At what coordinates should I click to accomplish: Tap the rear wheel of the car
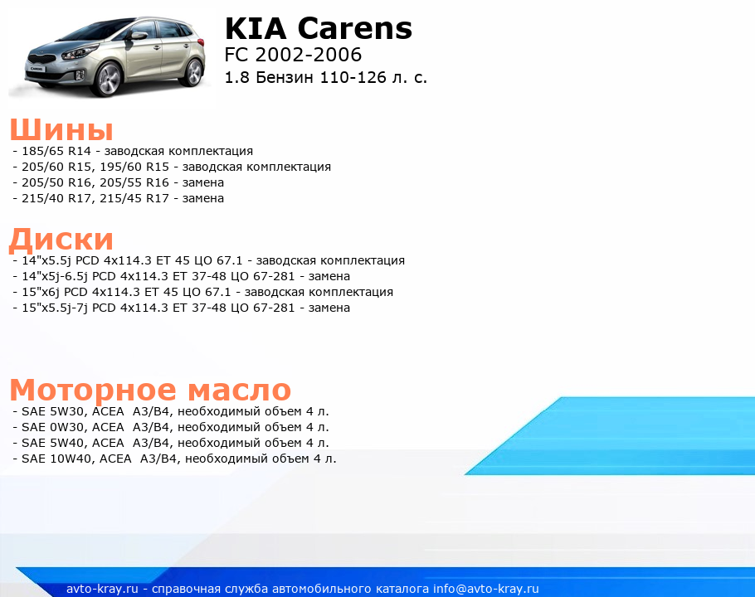[193, 74]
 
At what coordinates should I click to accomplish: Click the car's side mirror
[139, 36]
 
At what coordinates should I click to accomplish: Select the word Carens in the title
[355, 28]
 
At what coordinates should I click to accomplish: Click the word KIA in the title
[256, 28]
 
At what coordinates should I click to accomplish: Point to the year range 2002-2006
[308, 55]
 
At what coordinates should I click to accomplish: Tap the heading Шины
[61, 129]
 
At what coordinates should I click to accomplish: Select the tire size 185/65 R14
[56, 151]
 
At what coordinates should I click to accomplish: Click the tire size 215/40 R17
[56, 198]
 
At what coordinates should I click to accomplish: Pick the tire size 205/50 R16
[56, 182]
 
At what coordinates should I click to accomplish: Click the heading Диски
[61, 240]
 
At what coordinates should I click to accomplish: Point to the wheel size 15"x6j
[41, 292]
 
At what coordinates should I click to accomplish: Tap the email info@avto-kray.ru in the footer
[486, 589]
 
